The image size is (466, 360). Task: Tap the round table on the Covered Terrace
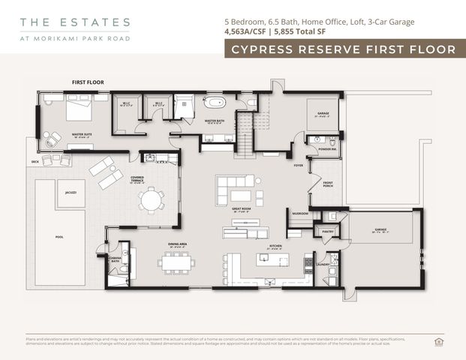(x=153, y=200)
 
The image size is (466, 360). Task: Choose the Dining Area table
(x=177, y=262)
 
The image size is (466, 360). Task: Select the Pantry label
(x=327, y=232)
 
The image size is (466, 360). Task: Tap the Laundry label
(x=324, y=264)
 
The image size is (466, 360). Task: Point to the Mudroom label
(x=300, y=214)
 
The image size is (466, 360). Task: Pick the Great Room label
(x=241, y=211)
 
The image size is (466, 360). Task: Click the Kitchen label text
(x=276, y=245)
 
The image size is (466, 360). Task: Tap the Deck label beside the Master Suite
(x=35, y=161)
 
